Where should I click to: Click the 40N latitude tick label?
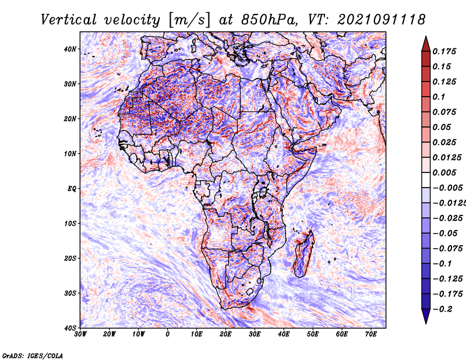tap(70, 49)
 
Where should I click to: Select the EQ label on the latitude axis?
tap(72, 189)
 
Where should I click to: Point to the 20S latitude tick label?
tap(70, 258)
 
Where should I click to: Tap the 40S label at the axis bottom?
tap(70, 328)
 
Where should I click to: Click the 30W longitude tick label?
tap(80, 334)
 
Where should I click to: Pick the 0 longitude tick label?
tap(168, 334)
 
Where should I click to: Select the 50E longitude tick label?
tap(313, 334)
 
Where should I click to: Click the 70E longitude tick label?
tap(371, 334)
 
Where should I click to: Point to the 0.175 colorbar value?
tap(444, 51)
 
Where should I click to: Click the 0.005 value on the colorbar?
tap(444, 172)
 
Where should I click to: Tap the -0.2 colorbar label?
tap(443, 309)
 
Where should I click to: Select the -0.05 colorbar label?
tap(446, 234)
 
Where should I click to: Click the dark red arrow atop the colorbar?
tap(426, 44)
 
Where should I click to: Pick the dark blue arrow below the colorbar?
tap(426, 316)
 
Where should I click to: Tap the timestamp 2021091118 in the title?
tap(382, 20)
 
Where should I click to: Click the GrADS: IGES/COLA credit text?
tap(33, 355)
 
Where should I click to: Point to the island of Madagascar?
tap(303, 254)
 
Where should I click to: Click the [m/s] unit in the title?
tap(189, 20)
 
